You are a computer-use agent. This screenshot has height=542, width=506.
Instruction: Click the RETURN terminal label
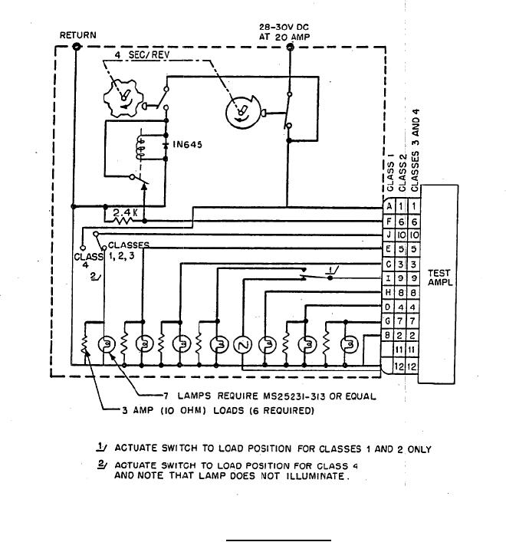click(77, 35)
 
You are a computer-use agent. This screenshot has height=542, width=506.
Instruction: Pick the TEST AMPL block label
click(439, 277)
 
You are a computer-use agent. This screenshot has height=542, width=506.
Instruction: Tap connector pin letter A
click(389, 206)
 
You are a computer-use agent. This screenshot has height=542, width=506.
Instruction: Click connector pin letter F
click(389, 221)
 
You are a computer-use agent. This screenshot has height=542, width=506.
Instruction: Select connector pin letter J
click(389, 235)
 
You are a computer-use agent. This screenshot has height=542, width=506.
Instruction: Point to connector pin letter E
click(389, 249)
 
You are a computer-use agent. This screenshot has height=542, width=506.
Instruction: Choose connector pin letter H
click(389, 292)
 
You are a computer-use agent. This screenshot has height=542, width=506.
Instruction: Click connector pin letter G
click(389, 320)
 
